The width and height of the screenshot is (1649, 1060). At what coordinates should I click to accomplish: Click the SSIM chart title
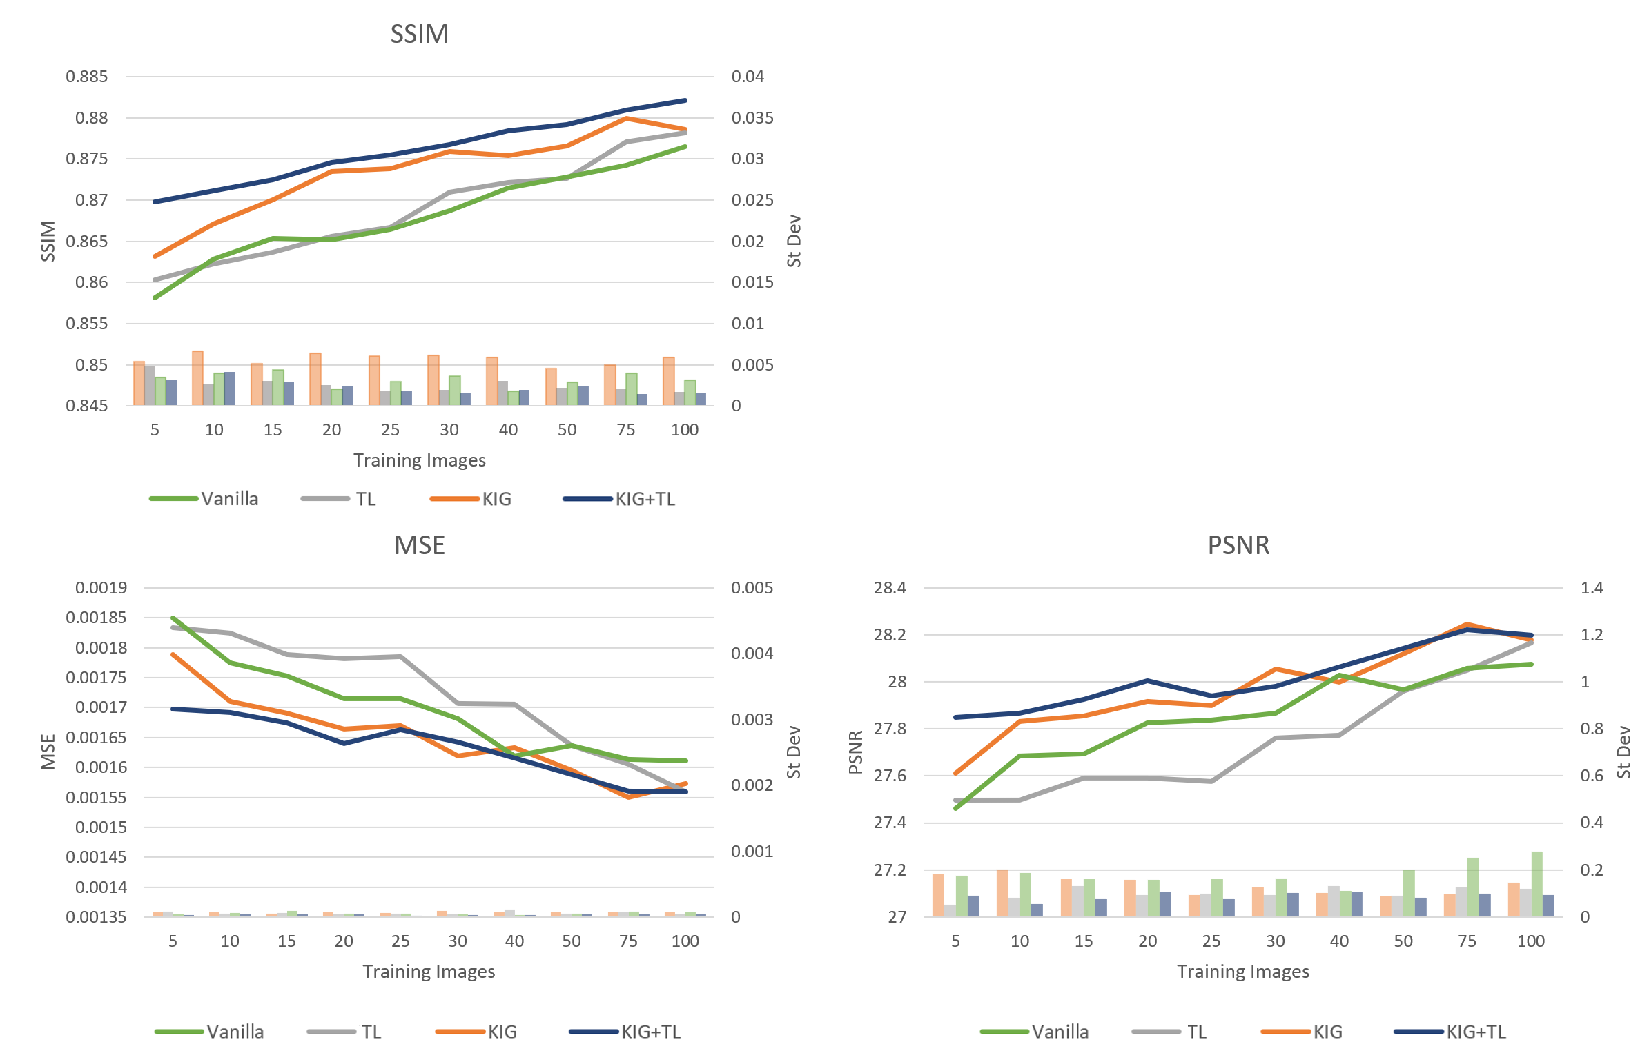click(419, 34)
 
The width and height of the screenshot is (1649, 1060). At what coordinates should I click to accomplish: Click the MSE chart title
click(419, 545)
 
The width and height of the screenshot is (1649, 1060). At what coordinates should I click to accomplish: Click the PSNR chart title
click(1238, 545)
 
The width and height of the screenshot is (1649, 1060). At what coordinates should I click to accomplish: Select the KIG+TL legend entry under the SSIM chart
click(645, 499)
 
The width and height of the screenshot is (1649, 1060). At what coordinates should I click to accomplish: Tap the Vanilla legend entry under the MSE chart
click(235, 1032)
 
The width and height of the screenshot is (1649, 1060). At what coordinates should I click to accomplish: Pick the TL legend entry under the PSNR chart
click(1196, 1032)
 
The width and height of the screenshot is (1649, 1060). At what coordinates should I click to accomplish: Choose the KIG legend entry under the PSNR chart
click(1327, 1032)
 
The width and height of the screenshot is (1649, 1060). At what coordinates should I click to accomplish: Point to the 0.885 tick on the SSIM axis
click(87, 77)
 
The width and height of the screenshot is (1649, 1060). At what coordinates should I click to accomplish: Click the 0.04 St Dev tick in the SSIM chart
click(748, 77)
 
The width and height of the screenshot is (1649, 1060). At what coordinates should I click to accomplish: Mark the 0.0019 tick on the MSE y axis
click(101, 588)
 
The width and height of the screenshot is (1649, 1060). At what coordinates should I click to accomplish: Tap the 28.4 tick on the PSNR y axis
click(890, 588)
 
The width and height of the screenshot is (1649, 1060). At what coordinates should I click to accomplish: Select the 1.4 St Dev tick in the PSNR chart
click(1592, 588)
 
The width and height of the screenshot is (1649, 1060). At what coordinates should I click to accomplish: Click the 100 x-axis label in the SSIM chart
click(685, 430)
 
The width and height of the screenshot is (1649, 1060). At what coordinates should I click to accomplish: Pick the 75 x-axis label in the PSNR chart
click(1467, 941)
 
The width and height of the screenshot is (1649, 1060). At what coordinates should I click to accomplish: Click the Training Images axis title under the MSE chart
click(429, 972)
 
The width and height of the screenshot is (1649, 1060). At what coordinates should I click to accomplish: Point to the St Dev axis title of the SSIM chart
click(794, 241)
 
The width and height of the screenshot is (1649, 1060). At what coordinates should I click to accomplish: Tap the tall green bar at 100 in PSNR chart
click(1536, 885)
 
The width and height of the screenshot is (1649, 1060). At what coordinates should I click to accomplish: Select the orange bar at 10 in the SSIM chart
click(197, 378)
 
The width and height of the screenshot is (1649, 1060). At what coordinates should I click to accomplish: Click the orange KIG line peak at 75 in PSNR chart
click(1467, 625)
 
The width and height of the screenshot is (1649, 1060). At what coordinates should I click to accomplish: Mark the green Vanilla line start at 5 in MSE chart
click(173, 618)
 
